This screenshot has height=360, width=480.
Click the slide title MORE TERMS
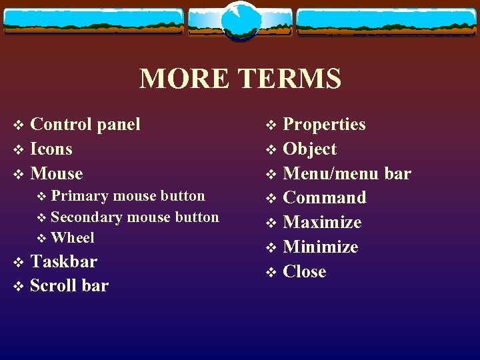(240, 79)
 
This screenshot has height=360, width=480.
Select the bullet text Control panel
(85, 124)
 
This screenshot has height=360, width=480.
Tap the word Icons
(51, 149)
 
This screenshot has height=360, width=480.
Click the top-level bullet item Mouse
(57, 173)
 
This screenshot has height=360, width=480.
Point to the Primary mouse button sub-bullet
(127, 196)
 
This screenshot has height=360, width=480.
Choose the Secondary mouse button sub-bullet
(134, 217)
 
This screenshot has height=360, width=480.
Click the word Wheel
(72, 238)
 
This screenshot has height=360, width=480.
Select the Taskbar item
(63, 261)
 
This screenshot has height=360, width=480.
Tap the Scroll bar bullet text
(69, 286)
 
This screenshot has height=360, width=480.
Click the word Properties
(324, 124)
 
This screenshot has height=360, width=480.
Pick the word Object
(310, 149)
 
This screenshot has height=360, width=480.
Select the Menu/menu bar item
(347, 173)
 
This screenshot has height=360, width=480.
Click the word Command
(325, 198)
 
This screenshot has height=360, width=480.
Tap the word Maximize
(322, 223)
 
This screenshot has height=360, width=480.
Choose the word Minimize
(321, 247)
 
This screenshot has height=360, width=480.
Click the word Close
(305, 272)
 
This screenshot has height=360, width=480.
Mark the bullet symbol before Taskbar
(19, 262)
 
